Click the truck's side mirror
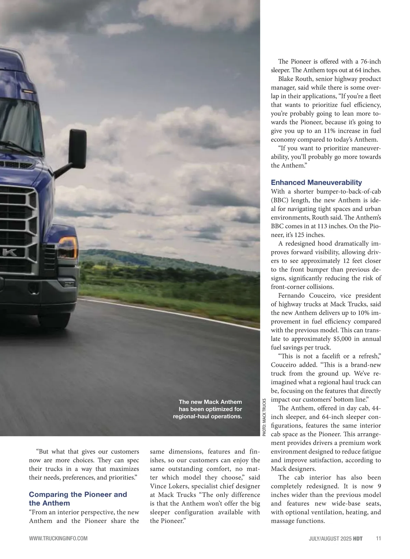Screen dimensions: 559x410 tap(78, 148)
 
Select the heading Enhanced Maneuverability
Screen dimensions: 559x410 tap(316, 183)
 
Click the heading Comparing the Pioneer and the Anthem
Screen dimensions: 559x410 tap(78, 499)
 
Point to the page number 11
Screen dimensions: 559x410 tap(378, 539)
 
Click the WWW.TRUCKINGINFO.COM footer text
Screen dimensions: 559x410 tap(58, 539)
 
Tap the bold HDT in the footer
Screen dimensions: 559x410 tap(358, 539)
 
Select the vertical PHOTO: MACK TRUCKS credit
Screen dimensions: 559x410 tap(264, 417)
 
